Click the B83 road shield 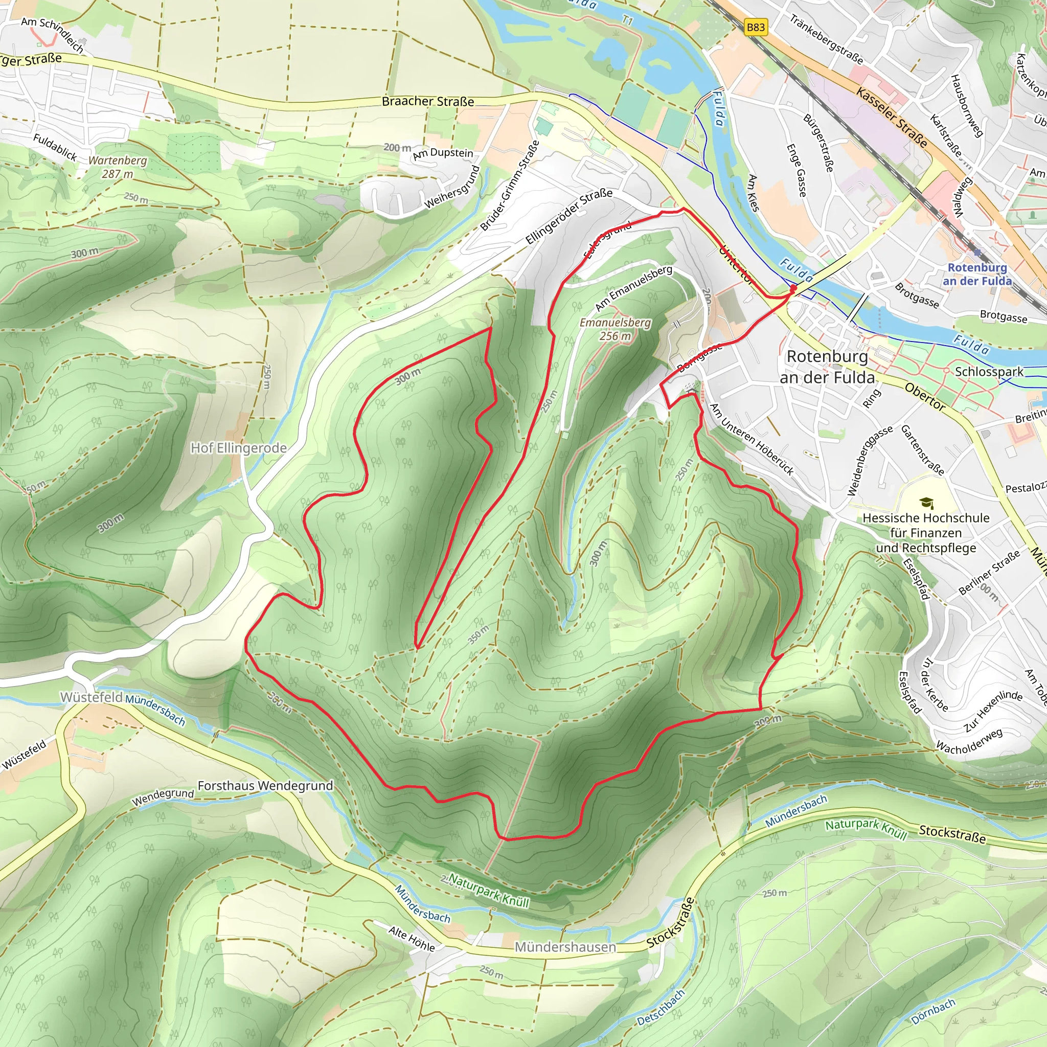[756, 27]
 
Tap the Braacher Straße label [427, 101]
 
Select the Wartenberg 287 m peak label [118, 167]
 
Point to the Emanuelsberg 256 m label [615, 329]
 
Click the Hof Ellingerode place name [238, 448]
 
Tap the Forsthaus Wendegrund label [265, 785]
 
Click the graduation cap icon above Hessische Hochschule [926, 504]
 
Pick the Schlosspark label [989, 372]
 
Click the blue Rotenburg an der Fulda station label [977, 274]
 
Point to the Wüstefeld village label [91, 697]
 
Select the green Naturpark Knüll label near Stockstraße [866, 829]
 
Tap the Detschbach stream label [661, 1008]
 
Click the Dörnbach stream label [932, 1011]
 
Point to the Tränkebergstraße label [826, 39]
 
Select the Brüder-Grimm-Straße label [509, 186]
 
